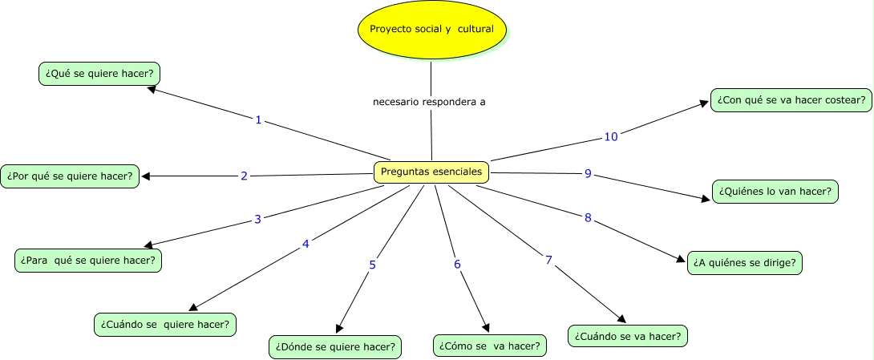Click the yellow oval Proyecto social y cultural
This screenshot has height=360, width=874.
tap(432, 30)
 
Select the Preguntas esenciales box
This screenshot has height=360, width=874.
tap(431, 171)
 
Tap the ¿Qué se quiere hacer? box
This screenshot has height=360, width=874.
tap(99, 74)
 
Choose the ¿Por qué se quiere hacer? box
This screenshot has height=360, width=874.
tap(70, 176)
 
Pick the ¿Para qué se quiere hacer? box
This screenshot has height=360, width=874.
tap(89, 261)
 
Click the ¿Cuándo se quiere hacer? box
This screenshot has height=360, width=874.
tap(165, 325)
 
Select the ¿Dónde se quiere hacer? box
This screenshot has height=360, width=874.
tap(334, 346)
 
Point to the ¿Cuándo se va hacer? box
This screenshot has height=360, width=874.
tap(628, 335)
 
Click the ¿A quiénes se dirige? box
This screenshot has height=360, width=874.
tap(746, 263)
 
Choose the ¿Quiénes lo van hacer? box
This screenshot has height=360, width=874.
tap(775, 192)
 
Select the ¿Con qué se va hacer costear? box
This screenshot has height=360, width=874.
tap(791, 100)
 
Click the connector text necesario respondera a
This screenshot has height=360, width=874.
tap(430, 102)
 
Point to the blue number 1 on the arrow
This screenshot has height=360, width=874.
tap(258, 120)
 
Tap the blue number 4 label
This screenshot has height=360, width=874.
tap(305, 244)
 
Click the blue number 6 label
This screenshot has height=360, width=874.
tap(457, 264)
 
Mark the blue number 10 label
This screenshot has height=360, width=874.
tap(611, 137)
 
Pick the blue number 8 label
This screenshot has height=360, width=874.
tap(588, 218)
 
